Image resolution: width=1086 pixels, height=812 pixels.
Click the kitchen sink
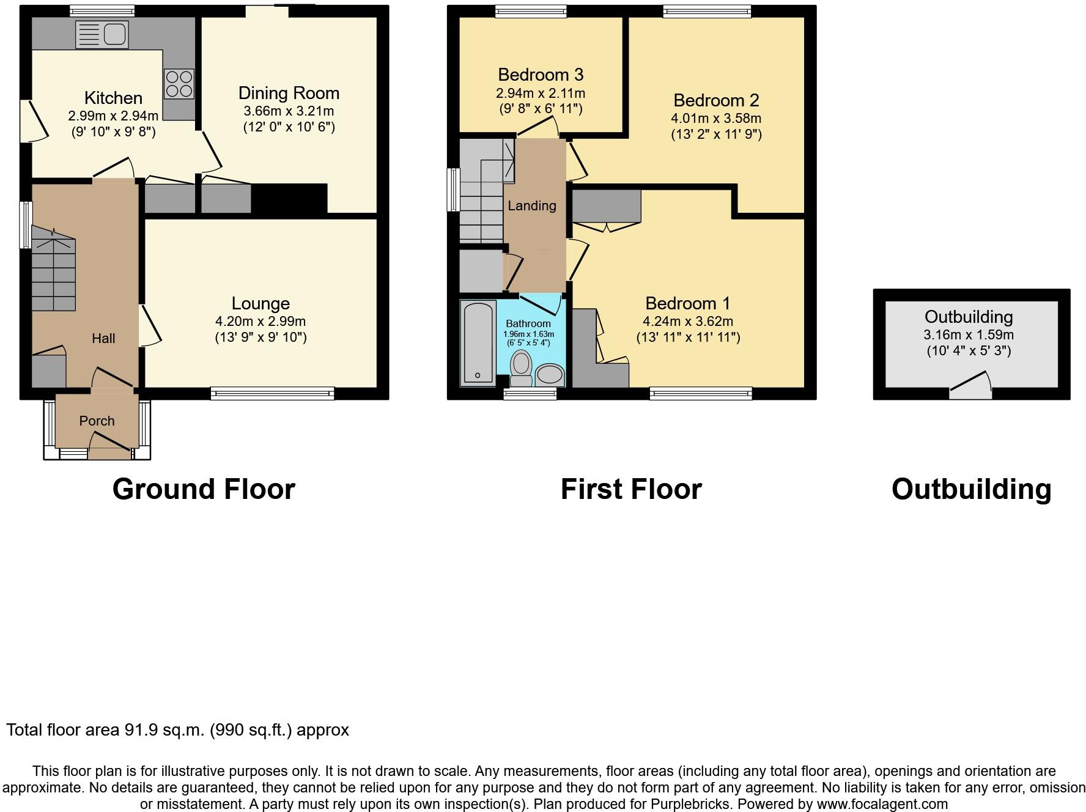(x=102, y=34)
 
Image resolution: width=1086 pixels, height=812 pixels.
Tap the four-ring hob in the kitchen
(x=179, y=84)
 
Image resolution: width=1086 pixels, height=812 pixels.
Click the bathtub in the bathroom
(x=478, y=342)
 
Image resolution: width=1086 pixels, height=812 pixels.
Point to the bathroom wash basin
(x=550, y=375)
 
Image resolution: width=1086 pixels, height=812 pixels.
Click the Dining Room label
(x=289, y=93)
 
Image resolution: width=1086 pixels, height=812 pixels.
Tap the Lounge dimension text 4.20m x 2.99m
(x=260, y=321)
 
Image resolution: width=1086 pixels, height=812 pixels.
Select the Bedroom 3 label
(x=541, y=75)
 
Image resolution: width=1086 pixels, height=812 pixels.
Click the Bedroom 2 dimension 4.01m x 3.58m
(x=716, y=118)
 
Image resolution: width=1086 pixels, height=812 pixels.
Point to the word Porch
(x=97, y=421)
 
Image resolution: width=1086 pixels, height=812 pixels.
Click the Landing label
(x=532, y=206)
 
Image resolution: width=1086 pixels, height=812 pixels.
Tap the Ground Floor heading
(x=204, y=489)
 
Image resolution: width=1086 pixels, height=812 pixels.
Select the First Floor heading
(x=631, y=489)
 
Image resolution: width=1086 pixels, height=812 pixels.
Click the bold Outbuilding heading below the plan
(x=972, y=489)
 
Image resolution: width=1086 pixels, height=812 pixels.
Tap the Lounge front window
(x=273, y=393)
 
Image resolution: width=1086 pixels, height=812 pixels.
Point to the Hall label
(x=103, y=338)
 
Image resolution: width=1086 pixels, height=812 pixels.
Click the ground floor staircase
(x=53, y=268)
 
